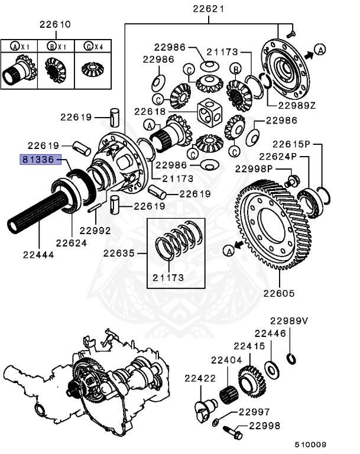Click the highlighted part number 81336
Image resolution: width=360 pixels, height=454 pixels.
[40, 160]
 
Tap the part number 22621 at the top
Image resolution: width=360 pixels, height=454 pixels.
[208, 9]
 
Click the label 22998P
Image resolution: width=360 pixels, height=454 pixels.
[255, 168]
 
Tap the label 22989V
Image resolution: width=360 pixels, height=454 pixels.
[289, 320]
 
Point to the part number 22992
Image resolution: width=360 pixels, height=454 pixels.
[95, 230]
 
